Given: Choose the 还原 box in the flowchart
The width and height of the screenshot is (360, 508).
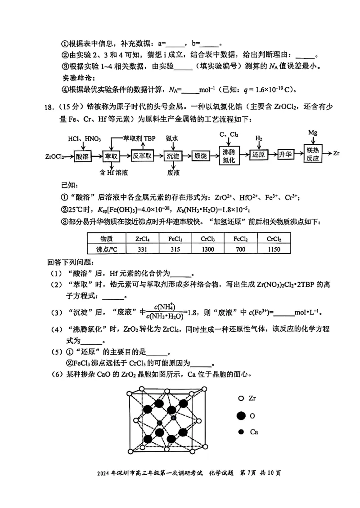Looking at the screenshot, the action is [x=258, y=154].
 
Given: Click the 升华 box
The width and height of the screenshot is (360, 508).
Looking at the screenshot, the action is [x=286, y=154].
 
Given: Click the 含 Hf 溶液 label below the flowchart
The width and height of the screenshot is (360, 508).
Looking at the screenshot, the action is [x=115, y=173].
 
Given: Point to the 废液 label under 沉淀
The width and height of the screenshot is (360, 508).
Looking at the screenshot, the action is [x=173, y=173].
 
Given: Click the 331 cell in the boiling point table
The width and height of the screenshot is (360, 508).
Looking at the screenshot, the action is [x=140, y=250].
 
